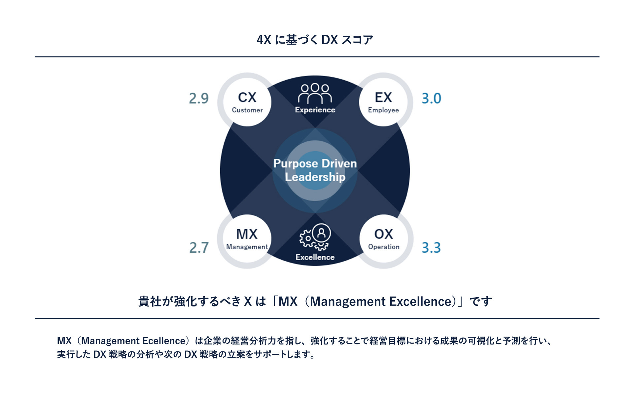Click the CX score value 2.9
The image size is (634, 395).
pos(199,98)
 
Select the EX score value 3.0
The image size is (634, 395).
pos(431,98)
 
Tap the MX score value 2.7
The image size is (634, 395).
pos(199,247)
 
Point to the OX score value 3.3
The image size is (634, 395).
pos(431,247)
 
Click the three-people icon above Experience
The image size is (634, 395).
pos(315,93)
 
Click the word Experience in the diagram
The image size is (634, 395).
pos(315,110)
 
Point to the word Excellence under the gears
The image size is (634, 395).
pos(315,257)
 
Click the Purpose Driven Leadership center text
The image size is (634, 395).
pos(315,170)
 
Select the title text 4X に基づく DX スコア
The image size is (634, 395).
pos(315,40)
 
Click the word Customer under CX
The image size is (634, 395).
pos(247,110)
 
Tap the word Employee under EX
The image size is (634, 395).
pos(383,110)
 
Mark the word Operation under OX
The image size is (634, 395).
pos(384,247)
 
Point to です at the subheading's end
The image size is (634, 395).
pos(481,301)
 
